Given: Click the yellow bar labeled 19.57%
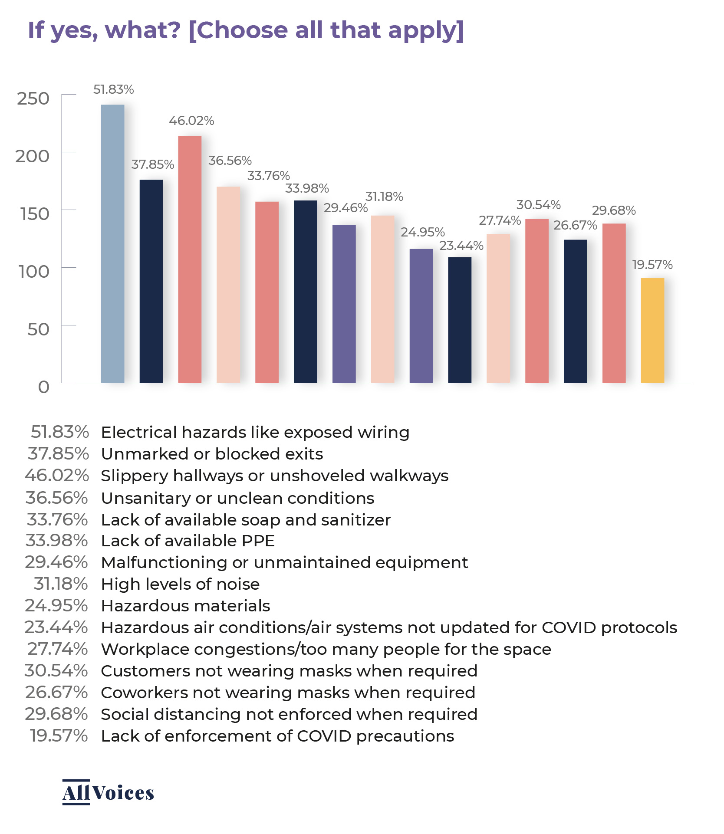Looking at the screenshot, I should pyautogui.click(x=652, y=330).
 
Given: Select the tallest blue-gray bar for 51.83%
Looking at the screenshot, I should pyautogui.click(x=112, y=243).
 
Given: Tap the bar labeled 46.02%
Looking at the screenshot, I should pyautogui.click(x=190, y=259).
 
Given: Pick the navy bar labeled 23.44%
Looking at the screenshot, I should pyautogui.click(x=460, y=320).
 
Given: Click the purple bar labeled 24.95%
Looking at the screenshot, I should pyautogui.click(x=421, y=316).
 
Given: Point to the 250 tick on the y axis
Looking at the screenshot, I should pyautogui.click(x=33, y=99).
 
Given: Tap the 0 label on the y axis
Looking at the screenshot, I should pyautogui.click(x=43, y=387).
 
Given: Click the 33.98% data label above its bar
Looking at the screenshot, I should pyautogui.click(x=307, y=188).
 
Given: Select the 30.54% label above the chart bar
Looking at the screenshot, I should pyautogui.click(x=538, y=205).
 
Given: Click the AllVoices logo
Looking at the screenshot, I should pyautogui.click(x=108, y=793).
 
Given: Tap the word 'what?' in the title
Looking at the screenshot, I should pyautogui.click(x=143, y=30).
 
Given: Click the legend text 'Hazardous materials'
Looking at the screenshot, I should pyautogui.click(x=185, y=606).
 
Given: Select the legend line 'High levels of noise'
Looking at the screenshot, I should pyautogui.click(x=180, y=584).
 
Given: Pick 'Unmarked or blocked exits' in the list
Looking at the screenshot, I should pyautogui.click(x=212, y=454).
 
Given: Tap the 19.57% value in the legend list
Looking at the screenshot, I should pyautogui.click(x=59, y=736).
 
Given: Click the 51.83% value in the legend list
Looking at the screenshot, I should pyautogui.click(x=60, y=432).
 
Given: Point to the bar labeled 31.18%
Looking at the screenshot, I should pyautogui.click(x=382, y=299).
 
